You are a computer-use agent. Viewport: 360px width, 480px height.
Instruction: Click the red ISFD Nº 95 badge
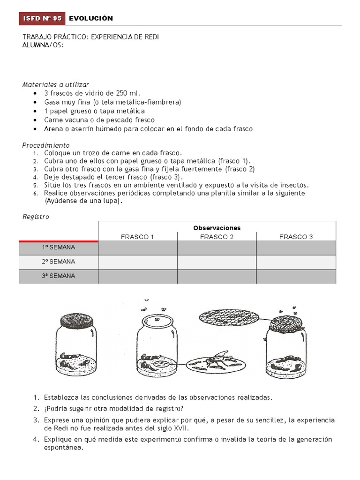(42, 18)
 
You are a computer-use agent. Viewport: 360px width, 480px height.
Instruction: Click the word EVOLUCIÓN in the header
(91, 18)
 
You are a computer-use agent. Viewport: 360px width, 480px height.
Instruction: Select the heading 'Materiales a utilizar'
(55, 84)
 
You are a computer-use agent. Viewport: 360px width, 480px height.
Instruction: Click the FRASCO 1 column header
(137, 237)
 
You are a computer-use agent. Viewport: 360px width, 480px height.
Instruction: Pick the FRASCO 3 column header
(296, 237)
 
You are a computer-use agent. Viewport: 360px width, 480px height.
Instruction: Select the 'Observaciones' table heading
(217, 228)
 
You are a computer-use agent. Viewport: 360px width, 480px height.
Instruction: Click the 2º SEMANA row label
(59, 262)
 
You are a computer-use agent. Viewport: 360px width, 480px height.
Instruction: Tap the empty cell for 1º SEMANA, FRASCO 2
(217, 247)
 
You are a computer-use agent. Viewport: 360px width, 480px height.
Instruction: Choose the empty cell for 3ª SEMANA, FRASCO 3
(296, 276)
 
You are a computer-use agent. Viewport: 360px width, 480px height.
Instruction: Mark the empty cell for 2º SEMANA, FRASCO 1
(137, 262)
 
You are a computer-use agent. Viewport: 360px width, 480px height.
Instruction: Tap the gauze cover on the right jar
(286, 323)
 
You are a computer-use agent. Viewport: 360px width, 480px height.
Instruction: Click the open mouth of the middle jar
(157, 322)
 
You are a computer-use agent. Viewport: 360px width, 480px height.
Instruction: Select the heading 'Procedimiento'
(46, 145)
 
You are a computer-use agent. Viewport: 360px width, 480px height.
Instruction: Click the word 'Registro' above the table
(36, 217)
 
